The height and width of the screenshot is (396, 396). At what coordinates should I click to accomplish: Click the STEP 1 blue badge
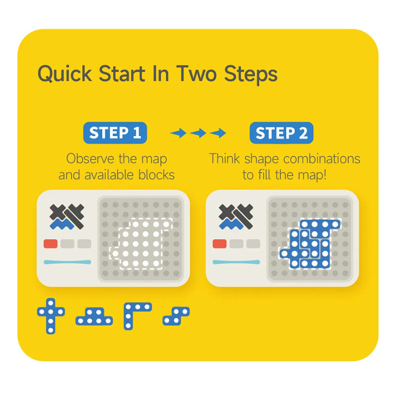[115, 133]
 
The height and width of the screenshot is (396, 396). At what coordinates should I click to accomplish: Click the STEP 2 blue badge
[281, 133]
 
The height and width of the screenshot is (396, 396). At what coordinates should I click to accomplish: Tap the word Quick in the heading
[65, 74]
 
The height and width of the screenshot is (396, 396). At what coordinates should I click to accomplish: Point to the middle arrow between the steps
[198, 133]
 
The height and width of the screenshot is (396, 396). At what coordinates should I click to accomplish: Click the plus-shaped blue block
[51, 316]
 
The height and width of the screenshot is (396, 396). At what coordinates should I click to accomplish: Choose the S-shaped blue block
[176, 316]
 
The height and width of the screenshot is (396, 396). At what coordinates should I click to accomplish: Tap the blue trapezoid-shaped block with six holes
[94, 316]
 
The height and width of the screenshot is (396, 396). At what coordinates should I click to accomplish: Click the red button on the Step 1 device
[51, 244]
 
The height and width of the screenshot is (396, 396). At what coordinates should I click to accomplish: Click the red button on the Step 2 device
[219, 244]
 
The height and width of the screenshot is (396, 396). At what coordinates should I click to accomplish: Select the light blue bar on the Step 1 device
[67, 262]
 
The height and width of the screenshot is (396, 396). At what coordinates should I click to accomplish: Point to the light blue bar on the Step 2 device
[236, 262]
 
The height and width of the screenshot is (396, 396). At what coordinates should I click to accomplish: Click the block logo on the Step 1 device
[67, 217]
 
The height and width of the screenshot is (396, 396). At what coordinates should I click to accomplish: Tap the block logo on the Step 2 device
[236, 217]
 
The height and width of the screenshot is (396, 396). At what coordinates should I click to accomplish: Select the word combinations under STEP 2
[322, 159]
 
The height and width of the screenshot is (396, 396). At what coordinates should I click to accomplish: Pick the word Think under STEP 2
[225, 159]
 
